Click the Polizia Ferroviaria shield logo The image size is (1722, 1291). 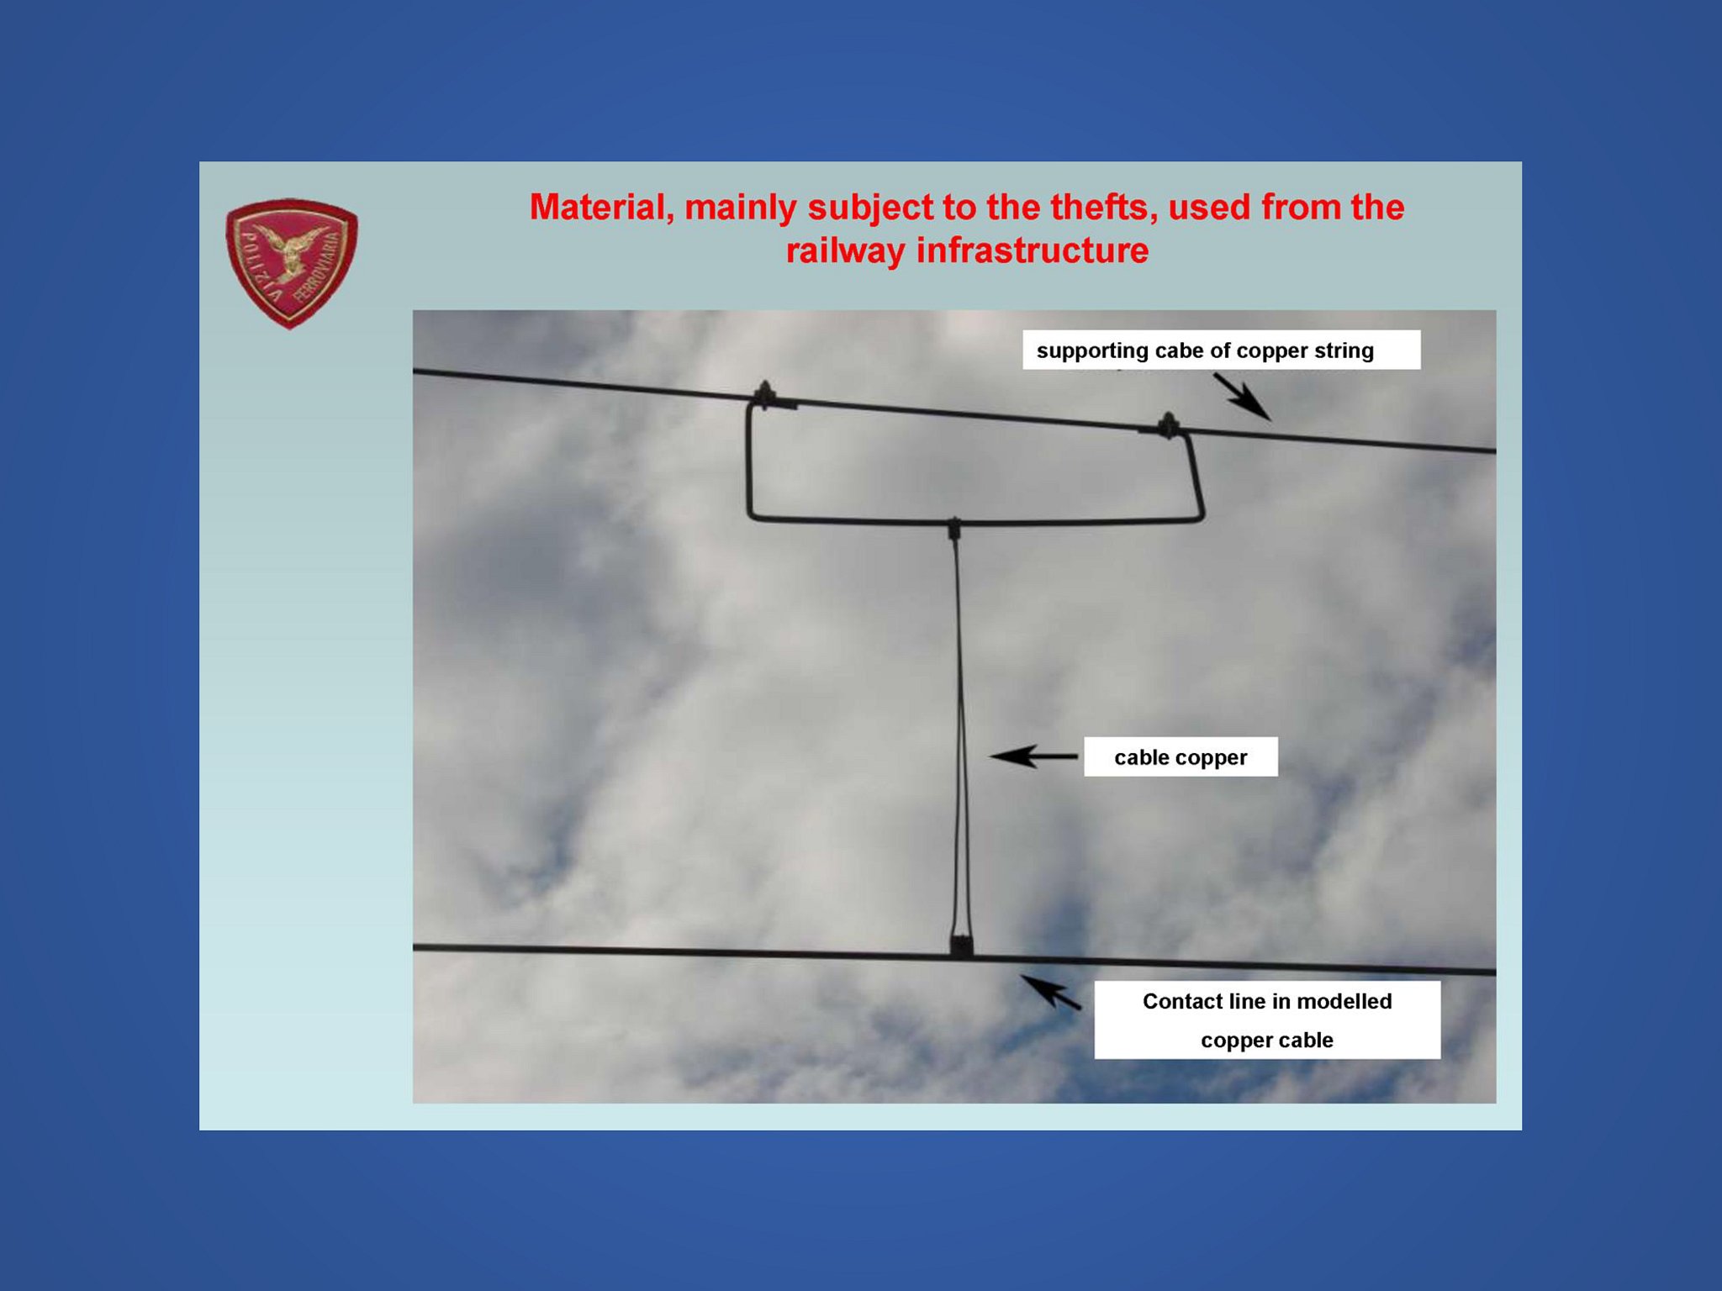tap(292, 263)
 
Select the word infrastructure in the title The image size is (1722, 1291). tap(1033, 250)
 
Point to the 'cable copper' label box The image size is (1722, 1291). tap(1181, 757)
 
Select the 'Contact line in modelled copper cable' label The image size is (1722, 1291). tap(1267, 1020)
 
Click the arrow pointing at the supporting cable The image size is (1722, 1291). tap(1242, 397)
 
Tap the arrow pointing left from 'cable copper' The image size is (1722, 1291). tap(1033, 756)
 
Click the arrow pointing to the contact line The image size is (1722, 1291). tap(1051, 993)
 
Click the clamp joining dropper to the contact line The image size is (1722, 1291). tap(962, 945)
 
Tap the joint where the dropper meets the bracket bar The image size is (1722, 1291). tap(954, 528)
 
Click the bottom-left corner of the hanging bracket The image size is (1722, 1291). tap(751, 515)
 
